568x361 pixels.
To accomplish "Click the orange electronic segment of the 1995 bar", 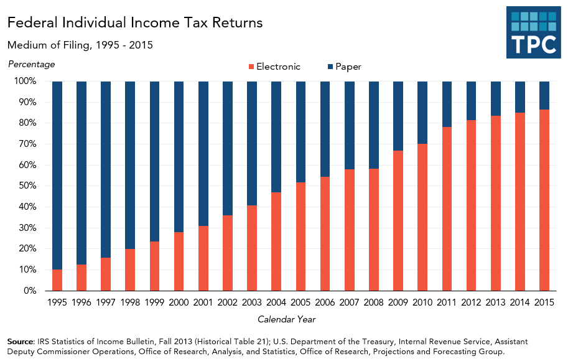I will (x=57, y=280).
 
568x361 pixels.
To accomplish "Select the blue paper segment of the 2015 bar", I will (x=544, y=95).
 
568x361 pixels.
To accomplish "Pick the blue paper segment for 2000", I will (x=179, y=156).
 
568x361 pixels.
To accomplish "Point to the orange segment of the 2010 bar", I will (x=422, y=217).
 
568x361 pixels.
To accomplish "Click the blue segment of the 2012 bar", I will (x=471, y=100).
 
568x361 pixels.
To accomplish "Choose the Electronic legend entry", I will (x=274, y=67).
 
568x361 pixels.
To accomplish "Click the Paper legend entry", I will (x=343, y=67).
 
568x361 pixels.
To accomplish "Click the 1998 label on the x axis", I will (x=130, y=302).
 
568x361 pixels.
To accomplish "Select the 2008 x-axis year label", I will (x=374, y=302).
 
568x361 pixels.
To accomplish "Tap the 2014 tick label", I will (x=520, y=302).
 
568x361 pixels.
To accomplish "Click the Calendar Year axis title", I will (x=287, y=319).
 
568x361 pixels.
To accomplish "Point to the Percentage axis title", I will (x=31, y=64).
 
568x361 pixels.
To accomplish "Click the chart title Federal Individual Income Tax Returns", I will (x=135, y=23).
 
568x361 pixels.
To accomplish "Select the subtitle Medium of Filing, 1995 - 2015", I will (x=80, y=45).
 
